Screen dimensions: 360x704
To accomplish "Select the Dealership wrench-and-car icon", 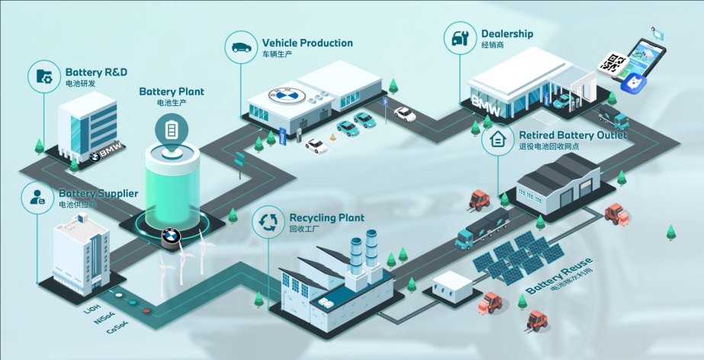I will tap(460, 38).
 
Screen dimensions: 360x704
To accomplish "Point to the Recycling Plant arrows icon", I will tap(268, 222).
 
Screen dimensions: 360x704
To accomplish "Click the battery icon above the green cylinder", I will tap(171, 128).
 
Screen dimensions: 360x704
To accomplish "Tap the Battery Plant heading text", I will tap(171, 92).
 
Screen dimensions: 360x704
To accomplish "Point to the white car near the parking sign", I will tap(404, 114).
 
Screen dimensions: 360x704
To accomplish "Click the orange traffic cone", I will tap(333, 138).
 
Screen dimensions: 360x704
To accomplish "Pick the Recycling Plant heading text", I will tap(326, 217).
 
